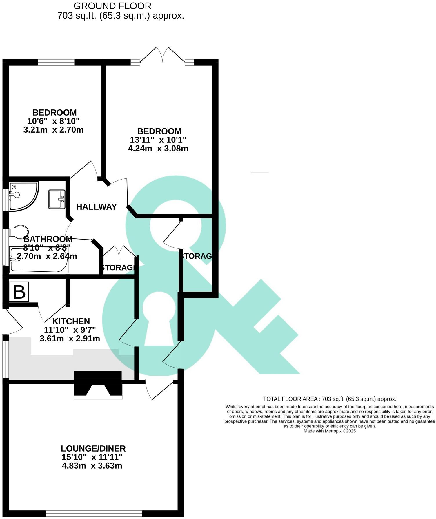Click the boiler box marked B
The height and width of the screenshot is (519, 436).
(x=19, y=292)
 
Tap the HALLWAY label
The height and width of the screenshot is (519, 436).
(x=96, y=207)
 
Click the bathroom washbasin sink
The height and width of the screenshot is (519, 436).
(x=57, y=199)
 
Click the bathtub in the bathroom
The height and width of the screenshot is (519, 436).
(x=39, y=260)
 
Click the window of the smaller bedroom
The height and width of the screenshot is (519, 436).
(x=56, y=62)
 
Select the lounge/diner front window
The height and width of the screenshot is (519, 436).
(x=94, y=514)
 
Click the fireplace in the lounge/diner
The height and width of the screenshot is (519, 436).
(x=98, y=388)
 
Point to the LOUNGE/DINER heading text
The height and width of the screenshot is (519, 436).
(x=93, y=449)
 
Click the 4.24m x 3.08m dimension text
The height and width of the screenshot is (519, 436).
(x=158, y=149)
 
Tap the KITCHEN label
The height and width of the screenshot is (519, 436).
(x=71, y=321)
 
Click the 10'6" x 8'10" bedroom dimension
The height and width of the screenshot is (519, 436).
(x=53, y=121)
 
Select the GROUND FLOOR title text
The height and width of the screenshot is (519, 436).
(x=112, y=6)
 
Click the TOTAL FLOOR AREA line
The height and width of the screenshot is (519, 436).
(x=329, y=399)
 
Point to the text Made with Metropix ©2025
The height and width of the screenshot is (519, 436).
(x=329, y=431)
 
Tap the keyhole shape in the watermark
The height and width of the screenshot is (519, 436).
(x=159, y=319)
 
